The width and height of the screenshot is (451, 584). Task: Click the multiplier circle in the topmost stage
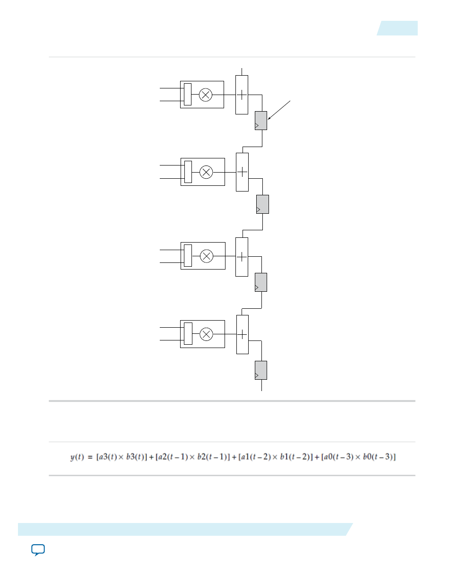tap(206, 95)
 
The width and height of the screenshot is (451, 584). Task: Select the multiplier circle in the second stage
tap(206, 172)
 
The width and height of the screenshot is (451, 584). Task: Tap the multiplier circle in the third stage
tap(207, 256)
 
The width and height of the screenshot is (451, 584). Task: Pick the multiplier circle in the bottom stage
tap(207, 334)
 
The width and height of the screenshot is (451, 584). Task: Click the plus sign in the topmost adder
tap(242, 95)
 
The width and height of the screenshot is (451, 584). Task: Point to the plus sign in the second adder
tap(242, 172)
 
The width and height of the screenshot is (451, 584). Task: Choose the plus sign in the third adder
tap(242, 257)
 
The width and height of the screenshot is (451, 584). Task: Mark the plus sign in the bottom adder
tap(242, 334)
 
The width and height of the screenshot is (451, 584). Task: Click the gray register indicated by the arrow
tap(261, 121)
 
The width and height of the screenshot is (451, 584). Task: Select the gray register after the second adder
tap(262, 204)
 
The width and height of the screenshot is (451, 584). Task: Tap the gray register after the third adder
tap(261, 282)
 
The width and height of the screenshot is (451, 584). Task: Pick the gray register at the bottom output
tap(261, 370)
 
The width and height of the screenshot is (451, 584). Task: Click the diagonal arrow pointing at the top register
tap(279, 110)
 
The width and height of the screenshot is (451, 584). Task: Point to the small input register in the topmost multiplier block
tap(188, 95)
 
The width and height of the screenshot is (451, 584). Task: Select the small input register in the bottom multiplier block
tap(188, 334)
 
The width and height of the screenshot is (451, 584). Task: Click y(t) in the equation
tap(77, 457)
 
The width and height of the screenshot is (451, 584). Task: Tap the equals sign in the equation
tap(90, 457)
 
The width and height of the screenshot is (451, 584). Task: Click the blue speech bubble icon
tap(38, 550)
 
